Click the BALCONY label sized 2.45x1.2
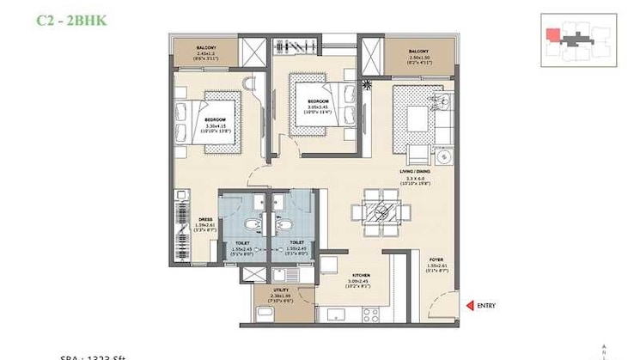pyautogui.click(x=205, y=52)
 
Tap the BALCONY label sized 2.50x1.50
pyautogui.click(x=420, y=55)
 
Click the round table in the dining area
pyautogui.click(x=379, y=211)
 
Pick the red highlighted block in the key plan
pyautogui.click(x=552, y=35)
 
